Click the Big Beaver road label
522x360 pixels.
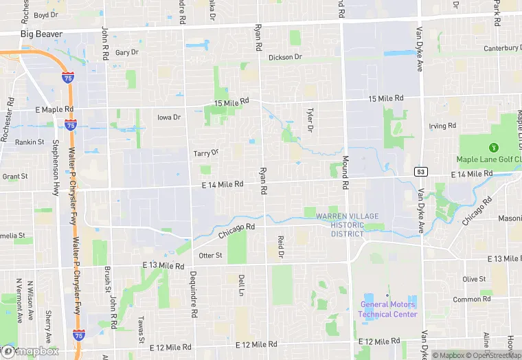tap(41, 34)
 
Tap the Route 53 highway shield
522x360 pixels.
tap(420, 170)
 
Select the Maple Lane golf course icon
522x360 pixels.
tap(492, 147)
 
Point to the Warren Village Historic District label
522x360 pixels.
tap(347, 225)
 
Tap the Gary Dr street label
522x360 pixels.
tap(127, 52)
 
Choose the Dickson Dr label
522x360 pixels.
tap(285, 57)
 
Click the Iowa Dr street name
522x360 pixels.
tap(168, 117)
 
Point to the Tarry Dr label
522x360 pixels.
tap(206, 153)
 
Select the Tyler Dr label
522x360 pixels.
tap(310, 120)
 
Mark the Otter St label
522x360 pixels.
tap(210, 256)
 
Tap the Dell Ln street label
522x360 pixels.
tap(241, 285)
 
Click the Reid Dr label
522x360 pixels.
tap(280, 247)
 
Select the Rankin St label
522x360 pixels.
tap(30, 142)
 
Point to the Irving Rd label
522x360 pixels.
tap(442, 126)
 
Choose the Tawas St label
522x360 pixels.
tap(140, 330)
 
